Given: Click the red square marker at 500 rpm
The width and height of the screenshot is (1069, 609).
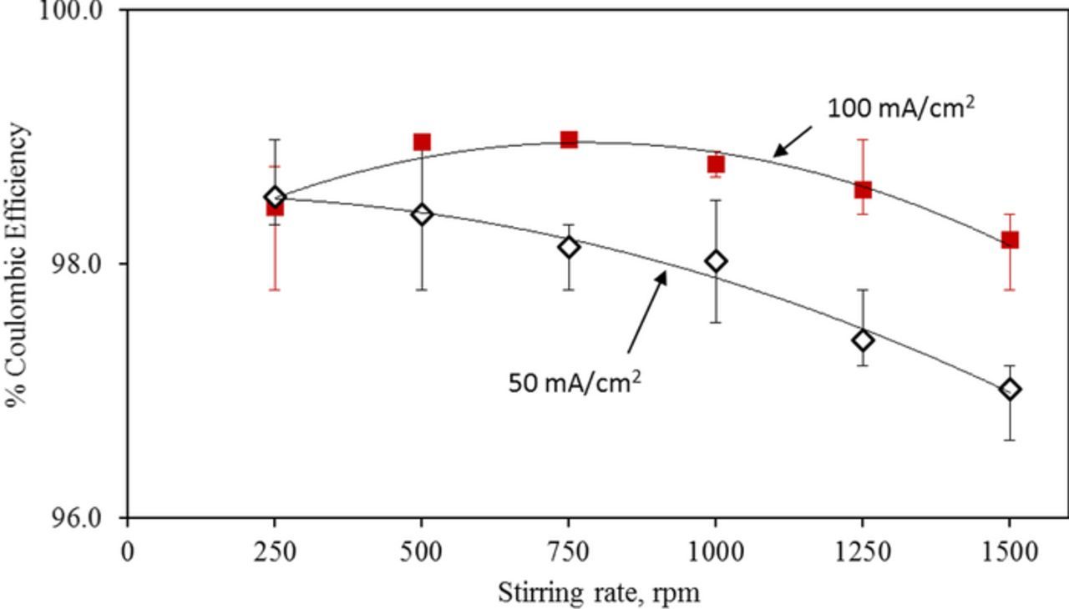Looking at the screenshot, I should [x=422, y=142].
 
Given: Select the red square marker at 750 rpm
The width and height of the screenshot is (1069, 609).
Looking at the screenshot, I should [x=569, y=139].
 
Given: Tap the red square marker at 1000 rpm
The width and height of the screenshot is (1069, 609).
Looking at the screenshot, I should [x=716, y=164].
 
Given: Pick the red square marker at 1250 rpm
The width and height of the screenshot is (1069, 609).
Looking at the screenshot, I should [x=863, y=190].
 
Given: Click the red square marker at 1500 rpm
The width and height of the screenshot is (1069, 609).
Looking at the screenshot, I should [x=1010, y=240].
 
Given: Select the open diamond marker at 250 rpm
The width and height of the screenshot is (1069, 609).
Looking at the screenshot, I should [x=275, y=197].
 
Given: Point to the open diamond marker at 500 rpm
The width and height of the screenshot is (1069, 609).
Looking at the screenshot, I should [x=422, y=215].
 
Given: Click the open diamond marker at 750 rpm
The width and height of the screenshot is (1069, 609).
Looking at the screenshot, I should [x=569, y=247].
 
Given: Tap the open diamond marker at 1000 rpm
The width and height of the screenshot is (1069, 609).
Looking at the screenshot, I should [x=716, y=261].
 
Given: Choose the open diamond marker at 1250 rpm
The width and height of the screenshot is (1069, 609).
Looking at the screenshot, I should [x=863, y=340].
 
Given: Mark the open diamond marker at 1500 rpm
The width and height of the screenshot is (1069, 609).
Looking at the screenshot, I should [x=1010, y=390].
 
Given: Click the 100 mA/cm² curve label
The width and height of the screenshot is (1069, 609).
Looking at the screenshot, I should [x=900, y=109].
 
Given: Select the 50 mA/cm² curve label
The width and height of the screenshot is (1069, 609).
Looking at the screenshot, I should [x=575, y=383].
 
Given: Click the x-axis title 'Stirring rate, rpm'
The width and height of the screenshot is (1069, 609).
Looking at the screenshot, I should [x=599, y=593].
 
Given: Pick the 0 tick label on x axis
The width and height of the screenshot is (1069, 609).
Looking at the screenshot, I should [x=128, y=551].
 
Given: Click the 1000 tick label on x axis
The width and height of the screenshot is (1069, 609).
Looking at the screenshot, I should [x=716, y=551].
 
